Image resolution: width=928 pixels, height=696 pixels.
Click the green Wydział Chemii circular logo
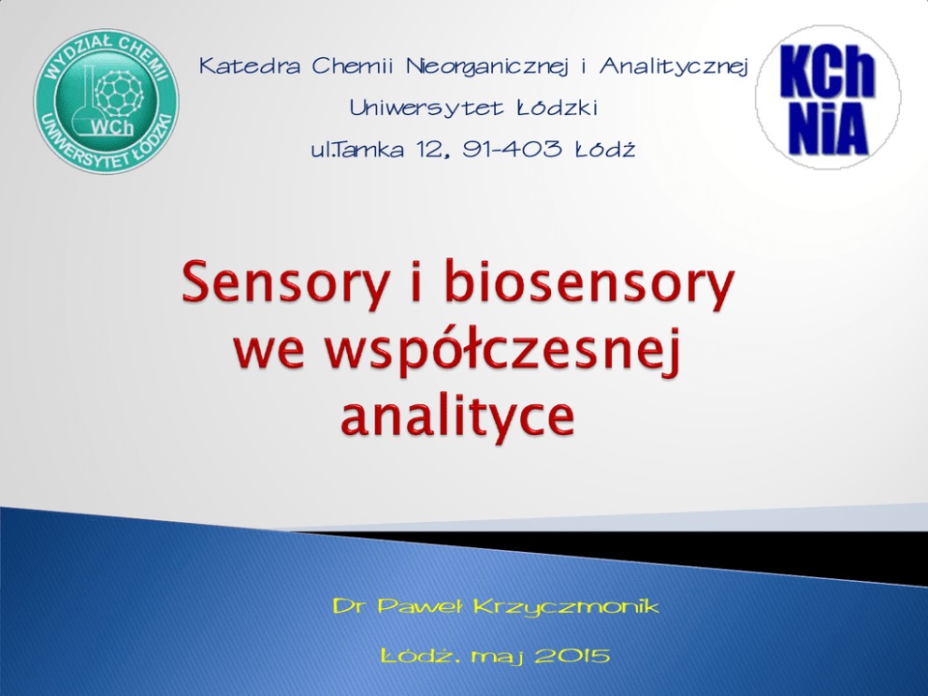(x=106, y=101)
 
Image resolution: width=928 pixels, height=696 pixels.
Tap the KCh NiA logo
(x=828, y=97)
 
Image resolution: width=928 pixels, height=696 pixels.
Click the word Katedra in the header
(x=250, y=65)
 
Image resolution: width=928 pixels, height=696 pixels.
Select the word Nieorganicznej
(x=487, y=66)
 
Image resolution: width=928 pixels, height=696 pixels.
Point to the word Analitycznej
(x=674, y=66)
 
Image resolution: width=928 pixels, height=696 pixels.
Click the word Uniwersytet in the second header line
(x=427, y=108)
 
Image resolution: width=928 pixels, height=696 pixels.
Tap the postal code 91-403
(x=513, y=149)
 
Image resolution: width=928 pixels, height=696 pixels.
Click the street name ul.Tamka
(x=357, y=149)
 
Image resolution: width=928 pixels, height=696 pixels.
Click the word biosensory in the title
(x=589, y=283)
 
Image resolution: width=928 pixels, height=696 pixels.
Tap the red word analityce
(x=457, y=415)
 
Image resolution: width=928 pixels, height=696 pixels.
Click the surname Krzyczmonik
(x=566, y=607)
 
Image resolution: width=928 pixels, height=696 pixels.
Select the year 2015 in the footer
(x=573, y=656)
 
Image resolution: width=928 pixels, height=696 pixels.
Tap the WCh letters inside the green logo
(x=112, y=127)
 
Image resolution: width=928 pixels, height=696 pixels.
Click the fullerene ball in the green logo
(x=119, y=93)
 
